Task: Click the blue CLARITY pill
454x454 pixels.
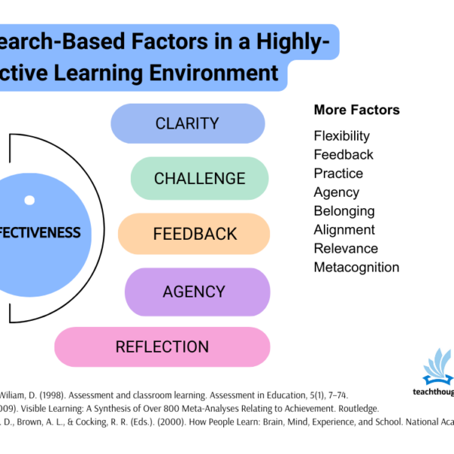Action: click(188, 123)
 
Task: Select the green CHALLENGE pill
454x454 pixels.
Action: click(200, 179)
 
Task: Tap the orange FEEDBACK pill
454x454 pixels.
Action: click(194, 234)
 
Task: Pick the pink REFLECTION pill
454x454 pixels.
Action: click(162, 347)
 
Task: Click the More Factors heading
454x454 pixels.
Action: click(356, 110)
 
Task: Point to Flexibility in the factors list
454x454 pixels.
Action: click(341, 136)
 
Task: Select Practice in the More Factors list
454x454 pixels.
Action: click(338, 173)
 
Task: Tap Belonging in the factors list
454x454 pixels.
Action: click(344, 211)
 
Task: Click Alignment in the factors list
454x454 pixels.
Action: click(344, 229)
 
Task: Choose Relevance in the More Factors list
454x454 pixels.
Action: click(346, 248)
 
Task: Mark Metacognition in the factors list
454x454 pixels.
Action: click(356, 267)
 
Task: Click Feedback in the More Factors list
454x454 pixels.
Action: click(344, 154)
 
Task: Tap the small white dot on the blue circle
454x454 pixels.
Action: click(30, 201)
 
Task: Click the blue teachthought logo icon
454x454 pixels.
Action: click(437, 367)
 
